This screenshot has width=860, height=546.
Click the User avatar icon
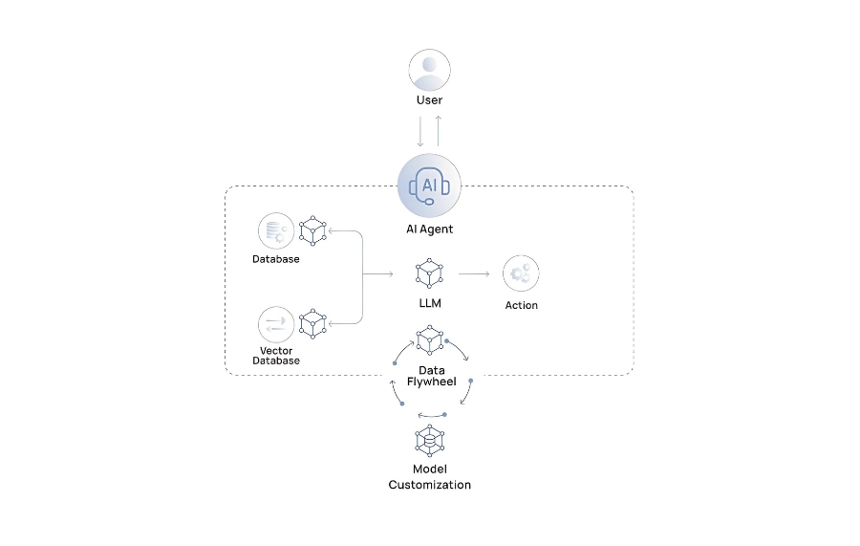coord(429,70)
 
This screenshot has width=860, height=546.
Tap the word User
coord(429,99)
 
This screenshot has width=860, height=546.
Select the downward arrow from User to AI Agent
coord(420,132)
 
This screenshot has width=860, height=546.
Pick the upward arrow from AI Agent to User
coord(439,131)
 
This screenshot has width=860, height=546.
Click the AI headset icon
coord(429,186)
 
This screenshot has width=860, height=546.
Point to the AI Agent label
coord(429,229)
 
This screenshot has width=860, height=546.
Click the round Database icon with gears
coord(276,231)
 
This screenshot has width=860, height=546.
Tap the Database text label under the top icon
coord(276,259)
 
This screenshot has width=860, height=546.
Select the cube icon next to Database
coord(312,230)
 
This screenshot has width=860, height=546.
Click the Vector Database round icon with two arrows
coord(276,324)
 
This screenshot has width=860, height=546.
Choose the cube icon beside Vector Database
coord(312,324)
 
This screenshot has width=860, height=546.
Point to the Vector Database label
coord(276,356)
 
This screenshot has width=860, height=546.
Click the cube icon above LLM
coord(429,273)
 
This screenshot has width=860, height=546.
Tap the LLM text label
coord(430,303)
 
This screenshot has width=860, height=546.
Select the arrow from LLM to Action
coord(474,273)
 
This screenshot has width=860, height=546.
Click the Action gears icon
coord(521,273)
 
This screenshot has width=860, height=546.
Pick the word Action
coord(522,305)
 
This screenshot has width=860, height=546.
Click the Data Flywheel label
coord(432,376)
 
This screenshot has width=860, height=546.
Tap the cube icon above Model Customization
coord(429,440)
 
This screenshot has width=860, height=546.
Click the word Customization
coord(429,485)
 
